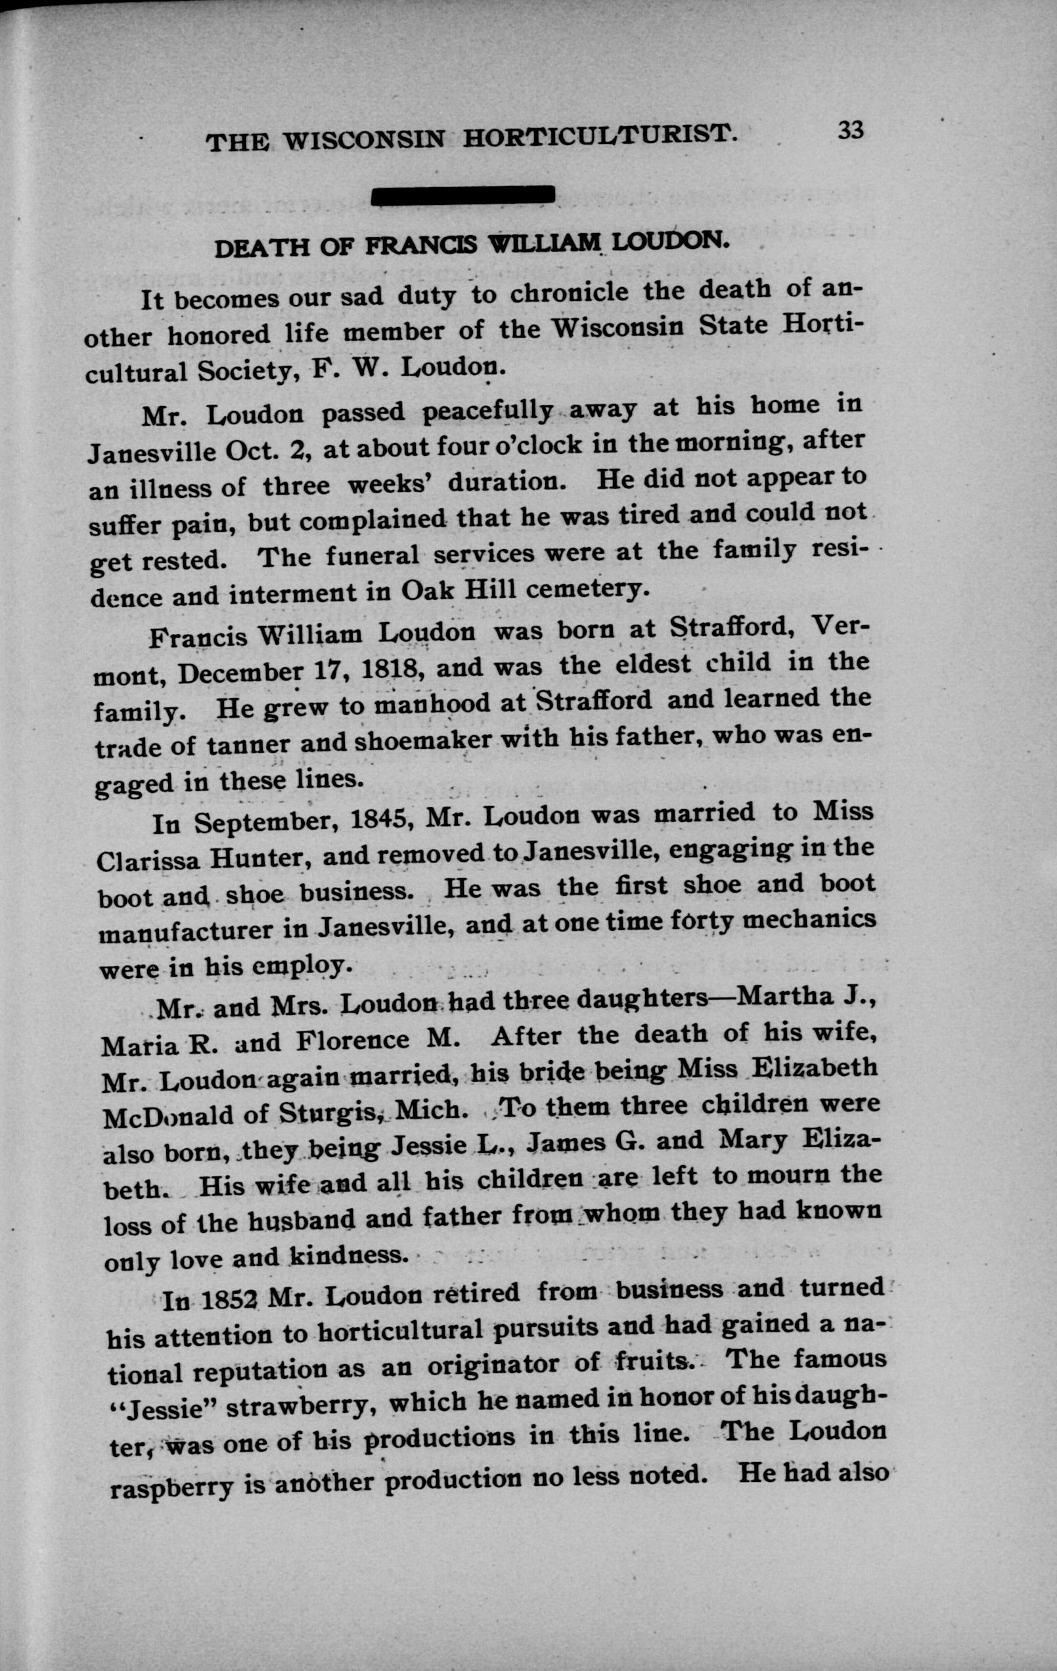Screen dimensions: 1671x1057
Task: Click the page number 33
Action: pyautogui.click(x=850, y=130)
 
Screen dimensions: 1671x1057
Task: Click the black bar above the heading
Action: pyautogui.click(x=463, y=196)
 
